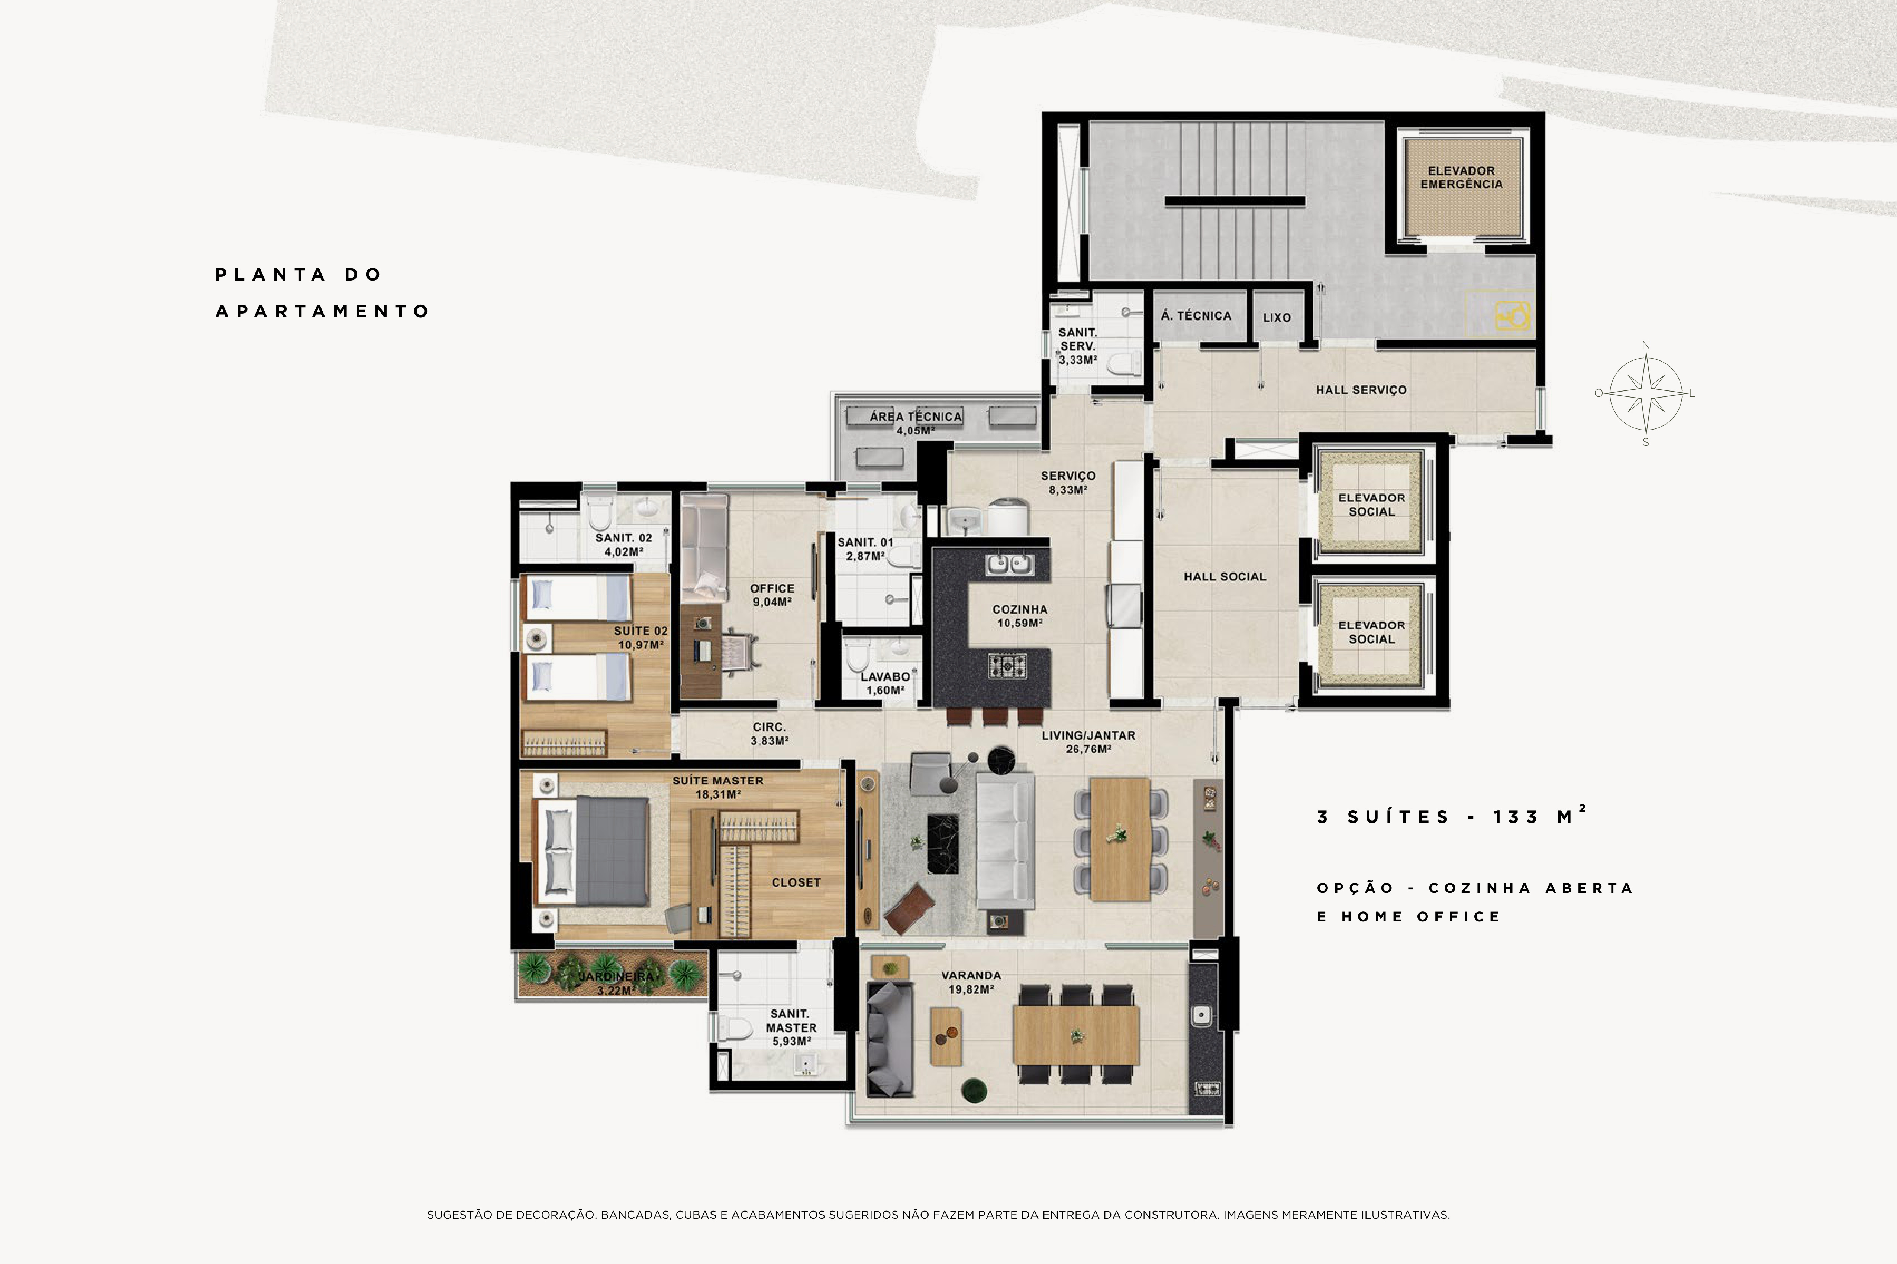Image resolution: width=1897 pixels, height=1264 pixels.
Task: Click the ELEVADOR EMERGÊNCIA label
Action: pyautogui.click(x=1461, y=177)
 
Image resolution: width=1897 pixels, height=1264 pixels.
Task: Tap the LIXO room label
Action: pyautogui.click(x=1277, y=318)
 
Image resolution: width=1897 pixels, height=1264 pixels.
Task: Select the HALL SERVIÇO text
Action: pyautogui.click(x=1361, y=390)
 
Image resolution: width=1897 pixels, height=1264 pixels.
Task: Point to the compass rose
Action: pyautogui.click(x=1646, y=393)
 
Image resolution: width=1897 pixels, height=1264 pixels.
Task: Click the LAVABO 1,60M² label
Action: pyautogui.click(x=885, y=684)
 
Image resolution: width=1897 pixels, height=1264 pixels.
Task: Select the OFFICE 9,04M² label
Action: pyautogui.click(x=772, y=595)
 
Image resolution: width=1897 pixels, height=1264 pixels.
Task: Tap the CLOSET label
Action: pyautogui.click(x=796, y=883)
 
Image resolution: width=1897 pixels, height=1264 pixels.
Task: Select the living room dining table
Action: pyautogui.click(x=1119, y=839)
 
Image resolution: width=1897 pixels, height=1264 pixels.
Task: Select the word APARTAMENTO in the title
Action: pyautogui.click(x=323, y=311)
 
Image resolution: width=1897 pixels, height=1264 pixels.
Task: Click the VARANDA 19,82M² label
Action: pyautogui.click(x=971, y=982)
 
